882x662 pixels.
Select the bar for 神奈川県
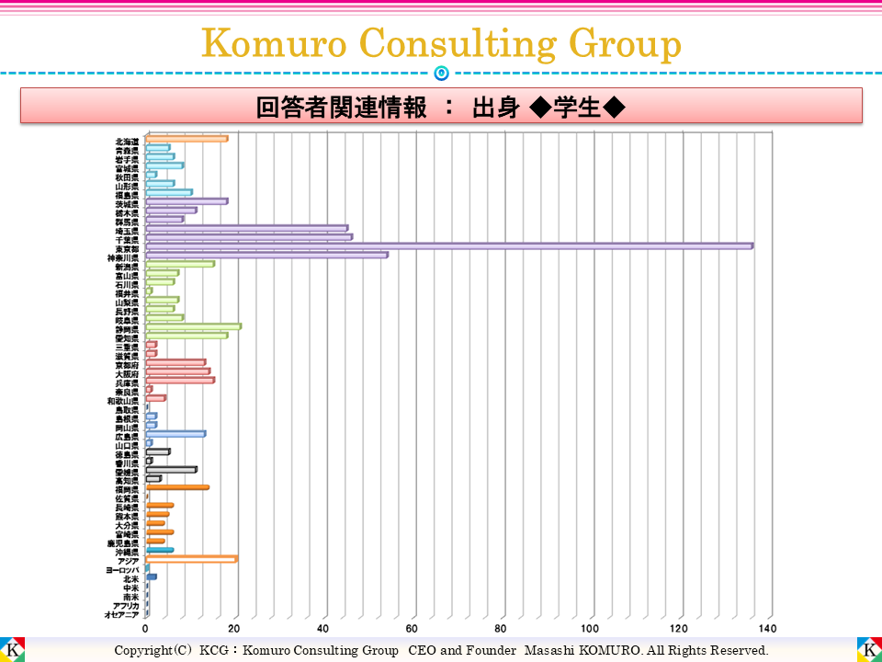[x=266, y=255]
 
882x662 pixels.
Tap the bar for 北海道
[x=187, y=139]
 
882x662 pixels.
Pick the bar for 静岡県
[x=193, y=326]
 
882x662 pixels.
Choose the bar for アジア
[x=191, y=559]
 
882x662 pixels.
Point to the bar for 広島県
[x=175, y=434]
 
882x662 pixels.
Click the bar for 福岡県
[x=177, y=487]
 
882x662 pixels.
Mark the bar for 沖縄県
[x=159, y=550]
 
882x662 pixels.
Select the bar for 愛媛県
[x=171, y=470]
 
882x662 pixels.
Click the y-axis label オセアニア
[x=121, y=614]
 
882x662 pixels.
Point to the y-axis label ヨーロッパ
[x=121, y=570]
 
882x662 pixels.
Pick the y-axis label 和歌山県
[x=122, y=401]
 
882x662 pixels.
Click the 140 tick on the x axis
[x=768, y=629]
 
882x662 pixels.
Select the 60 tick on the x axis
[x=413, y=629]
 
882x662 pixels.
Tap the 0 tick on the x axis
[x=146, y=629]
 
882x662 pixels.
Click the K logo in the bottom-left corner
[x=13, y=649]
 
